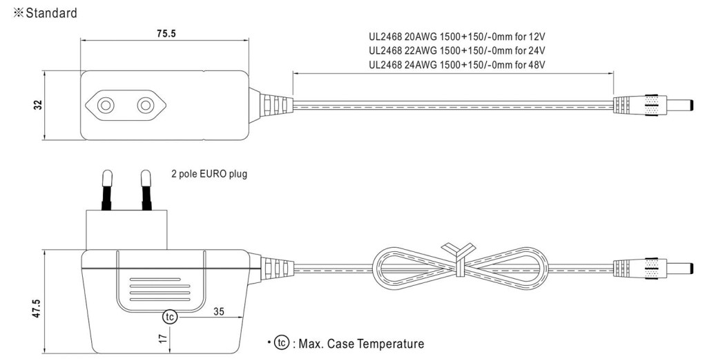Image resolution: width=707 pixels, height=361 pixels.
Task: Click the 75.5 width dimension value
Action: pos(166,34)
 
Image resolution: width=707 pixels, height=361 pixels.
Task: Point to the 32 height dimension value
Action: pos(39,104)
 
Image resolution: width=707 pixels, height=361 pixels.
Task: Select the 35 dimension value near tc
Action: pos(219,311)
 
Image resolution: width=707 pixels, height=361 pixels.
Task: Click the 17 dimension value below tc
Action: pos(164,338)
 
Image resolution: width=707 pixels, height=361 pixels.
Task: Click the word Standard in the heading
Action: pos(51,13)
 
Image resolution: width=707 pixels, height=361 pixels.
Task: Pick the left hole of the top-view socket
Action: pos(106,106)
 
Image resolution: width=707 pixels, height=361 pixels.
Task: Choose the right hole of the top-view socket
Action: pos(145,106)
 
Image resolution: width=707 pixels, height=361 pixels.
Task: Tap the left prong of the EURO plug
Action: pos(107,190)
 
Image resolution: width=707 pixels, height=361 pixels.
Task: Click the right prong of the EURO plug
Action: pos(146,190)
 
